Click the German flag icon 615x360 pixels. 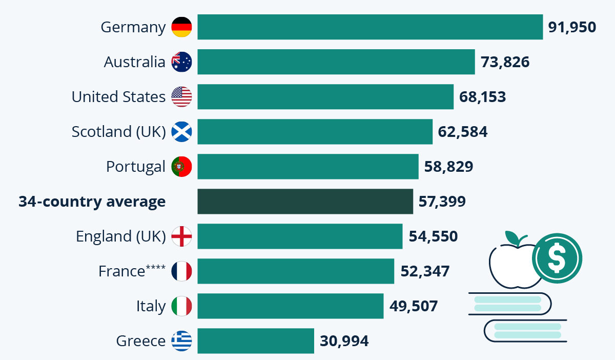(x=181, y=27)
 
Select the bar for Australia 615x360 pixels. (x=336, y=62)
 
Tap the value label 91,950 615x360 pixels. (x=572, y=27)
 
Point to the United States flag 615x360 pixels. (x=181, y=97)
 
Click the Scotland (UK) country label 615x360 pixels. (x=118, y=132)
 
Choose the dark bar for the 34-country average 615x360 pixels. (x=305, y=202)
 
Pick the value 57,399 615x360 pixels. (x=442, y=202)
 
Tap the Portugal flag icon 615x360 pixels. (x=181, y=167)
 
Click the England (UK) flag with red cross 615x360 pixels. (x=181, y=236)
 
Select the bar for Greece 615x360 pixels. (x=255, y=341)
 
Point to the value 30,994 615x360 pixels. (x=344, y=341)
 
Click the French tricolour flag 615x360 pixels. (x=181, y=271)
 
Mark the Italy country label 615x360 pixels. (x=151, y=306)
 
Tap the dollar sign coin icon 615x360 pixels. (x=557, y=258)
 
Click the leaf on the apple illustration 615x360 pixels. (x=514, y=237)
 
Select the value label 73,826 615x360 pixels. (x=505, y=62)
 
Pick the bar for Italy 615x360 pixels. (x=290, y=306)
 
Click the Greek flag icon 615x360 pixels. (x=181, y=341)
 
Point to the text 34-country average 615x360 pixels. (x=92, y=202)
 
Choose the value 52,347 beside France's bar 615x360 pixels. (x=425, y=271)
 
